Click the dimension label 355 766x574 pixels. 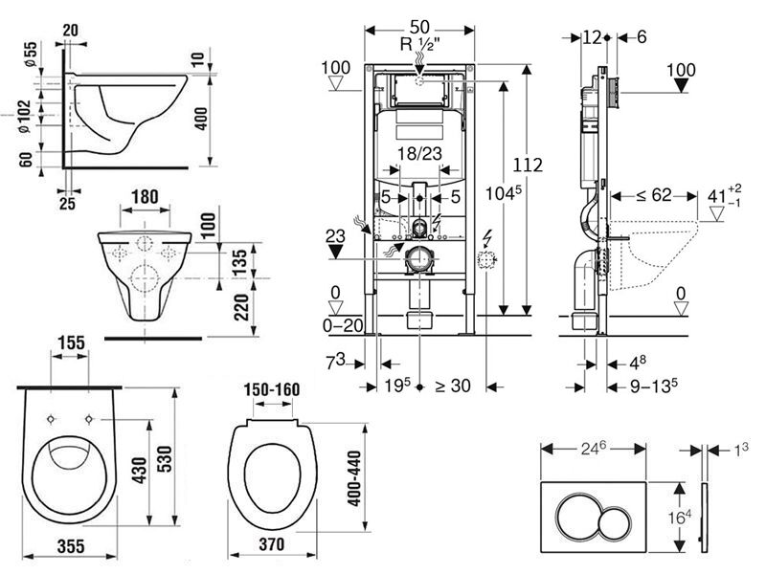click(71, 545)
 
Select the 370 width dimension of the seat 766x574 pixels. click(272, 543)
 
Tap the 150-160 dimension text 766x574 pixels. click(272, 389)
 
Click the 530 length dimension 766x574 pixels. click(165, 459)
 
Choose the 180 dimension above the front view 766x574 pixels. click(146, 197)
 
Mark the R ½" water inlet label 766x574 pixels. click(419, 44)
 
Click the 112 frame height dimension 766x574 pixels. click(528, 165)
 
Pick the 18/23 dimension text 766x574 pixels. click(419, 154)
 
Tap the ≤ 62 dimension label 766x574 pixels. click(654, 195)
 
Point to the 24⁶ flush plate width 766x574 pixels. click(594, 449)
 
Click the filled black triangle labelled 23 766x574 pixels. click(336, 252)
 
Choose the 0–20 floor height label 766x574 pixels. click(343, 325)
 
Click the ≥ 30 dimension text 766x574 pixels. click(453, 386)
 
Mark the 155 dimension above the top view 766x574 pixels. click(71, 342)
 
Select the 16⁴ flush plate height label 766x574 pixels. click(680, 517)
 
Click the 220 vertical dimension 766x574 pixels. click(242, 306)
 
